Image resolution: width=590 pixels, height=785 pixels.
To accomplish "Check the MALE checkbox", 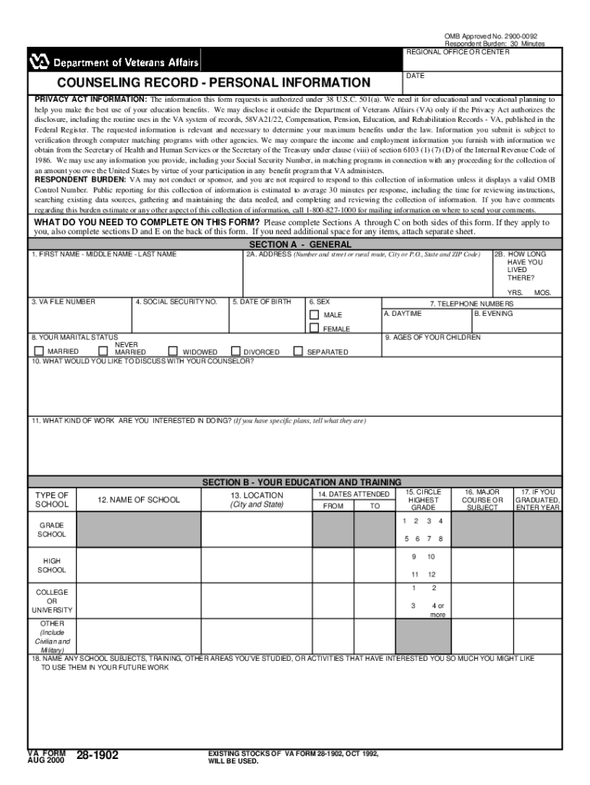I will [314, 315].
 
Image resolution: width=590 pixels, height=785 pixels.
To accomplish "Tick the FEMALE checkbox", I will [314, 328].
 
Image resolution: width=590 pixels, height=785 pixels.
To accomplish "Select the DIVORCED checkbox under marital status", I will [236, 351].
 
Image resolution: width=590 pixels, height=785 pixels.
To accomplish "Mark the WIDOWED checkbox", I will [172, 351].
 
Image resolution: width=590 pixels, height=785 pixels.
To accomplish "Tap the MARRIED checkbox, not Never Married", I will [39, 351].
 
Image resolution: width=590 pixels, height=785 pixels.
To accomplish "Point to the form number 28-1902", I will [97, 756].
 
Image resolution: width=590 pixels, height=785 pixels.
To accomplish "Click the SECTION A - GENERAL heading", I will [294, 244].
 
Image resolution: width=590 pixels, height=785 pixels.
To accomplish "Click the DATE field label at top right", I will [415, 76].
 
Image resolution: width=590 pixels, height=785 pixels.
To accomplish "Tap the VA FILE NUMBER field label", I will [64, 302].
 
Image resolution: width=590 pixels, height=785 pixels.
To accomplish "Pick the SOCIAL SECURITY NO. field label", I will [180, 302].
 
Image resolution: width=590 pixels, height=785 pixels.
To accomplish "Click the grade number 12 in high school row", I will [431, 574].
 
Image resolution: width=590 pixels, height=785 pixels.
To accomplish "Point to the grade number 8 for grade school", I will [441, 538].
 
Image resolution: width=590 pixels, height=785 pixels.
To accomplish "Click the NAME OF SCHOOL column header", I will [139, 500].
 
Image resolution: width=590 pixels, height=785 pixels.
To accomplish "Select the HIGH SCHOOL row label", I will [52, 566].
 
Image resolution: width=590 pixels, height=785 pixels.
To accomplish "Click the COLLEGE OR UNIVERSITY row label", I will [52, 601].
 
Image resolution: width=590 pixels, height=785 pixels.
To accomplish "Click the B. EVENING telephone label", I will [493, 314].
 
